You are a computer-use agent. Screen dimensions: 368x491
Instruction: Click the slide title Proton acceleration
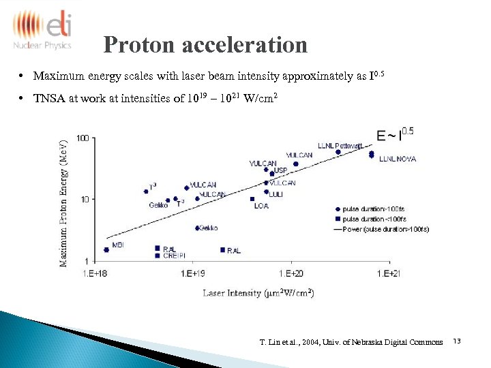click(205, 45)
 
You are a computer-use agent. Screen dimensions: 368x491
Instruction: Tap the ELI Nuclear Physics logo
click(42, 30)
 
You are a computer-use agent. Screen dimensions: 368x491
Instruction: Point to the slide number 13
click(456, 341)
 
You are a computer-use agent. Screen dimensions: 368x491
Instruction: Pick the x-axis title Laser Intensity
click(258, 293)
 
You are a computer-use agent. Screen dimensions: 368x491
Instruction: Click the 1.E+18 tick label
click(95, 273)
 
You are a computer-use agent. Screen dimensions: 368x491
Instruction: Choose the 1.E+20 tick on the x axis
click(291, 273)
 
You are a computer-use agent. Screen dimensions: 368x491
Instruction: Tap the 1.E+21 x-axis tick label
click(388, 273)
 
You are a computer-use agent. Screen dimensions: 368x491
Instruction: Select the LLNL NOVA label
click(398, 159)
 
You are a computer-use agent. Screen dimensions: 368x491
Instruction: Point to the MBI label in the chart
click(117, 244)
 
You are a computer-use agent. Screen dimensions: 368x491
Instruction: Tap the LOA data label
click(261, 205)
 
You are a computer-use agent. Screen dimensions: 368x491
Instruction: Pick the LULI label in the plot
click(276, 194)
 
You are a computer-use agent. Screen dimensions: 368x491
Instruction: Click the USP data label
click(280, 170)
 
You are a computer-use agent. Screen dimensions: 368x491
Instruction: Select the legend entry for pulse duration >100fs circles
click(374, 209)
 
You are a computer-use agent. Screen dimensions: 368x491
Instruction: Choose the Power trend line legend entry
click(381, 230)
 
